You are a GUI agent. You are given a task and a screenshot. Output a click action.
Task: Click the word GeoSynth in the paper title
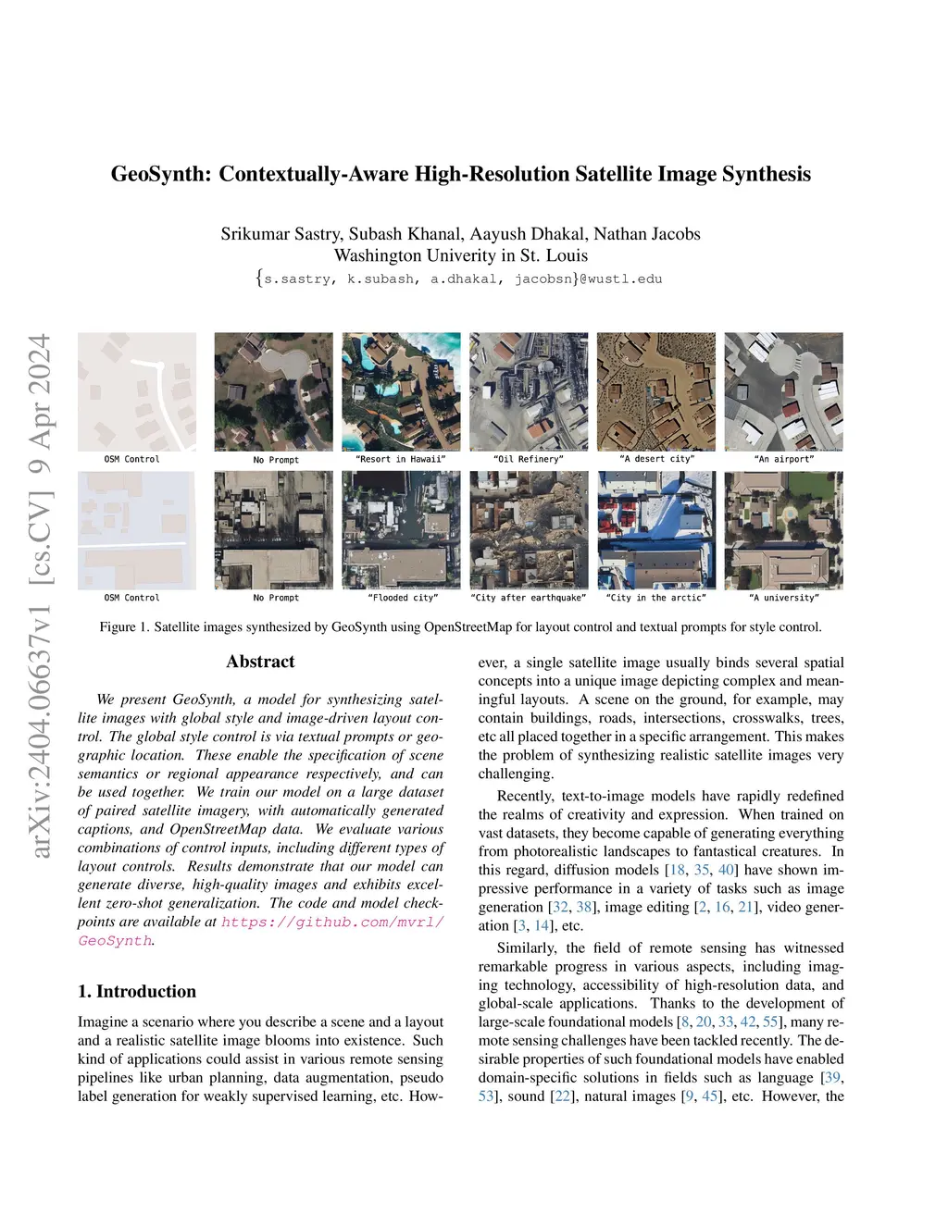click(x=160, y=174)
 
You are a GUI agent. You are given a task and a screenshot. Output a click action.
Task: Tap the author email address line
click(x=460, y=279)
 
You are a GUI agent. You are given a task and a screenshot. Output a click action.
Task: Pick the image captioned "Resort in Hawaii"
click(x=401, y=391)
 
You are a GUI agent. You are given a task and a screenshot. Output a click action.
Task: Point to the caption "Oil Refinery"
click(x=529, y=459)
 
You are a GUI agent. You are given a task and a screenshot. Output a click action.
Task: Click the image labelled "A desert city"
click(x=655, y=391)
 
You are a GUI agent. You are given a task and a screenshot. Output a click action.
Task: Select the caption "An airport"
click(x=784, y=459)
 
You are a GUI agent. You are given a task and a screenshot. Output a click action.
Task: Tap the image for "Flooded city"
click(x=401, y=530)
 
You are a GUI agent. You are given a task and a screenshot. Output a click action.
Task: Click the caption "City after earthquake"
click(x=529, y=598)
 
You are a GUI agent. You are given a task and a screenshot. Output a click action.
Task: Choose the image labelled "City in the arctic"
click(x=655, y=530)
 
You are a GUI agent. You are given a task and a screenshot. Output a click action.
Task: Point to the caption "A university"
click(x=784, y=598)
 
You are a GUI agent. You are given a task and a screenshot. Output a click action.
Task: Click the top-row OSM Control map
click(x=137, y=391)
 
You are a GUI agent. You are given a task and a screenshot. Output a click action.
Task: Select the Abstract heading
click(x=260, y=662)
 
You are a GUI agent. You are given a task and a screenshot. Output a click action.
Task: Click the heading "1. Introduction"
click(x=137, y=991)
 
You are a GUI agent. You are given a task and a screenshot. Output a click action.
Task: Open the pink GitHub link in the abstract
click(x=332, y=923)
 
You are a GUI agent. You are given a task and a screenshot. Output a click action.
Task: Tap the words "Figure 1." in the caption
click(x=124, y=627)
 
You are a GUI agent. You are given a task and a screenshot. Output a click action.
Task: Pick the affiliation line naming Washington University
click(x=460, y=255)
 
